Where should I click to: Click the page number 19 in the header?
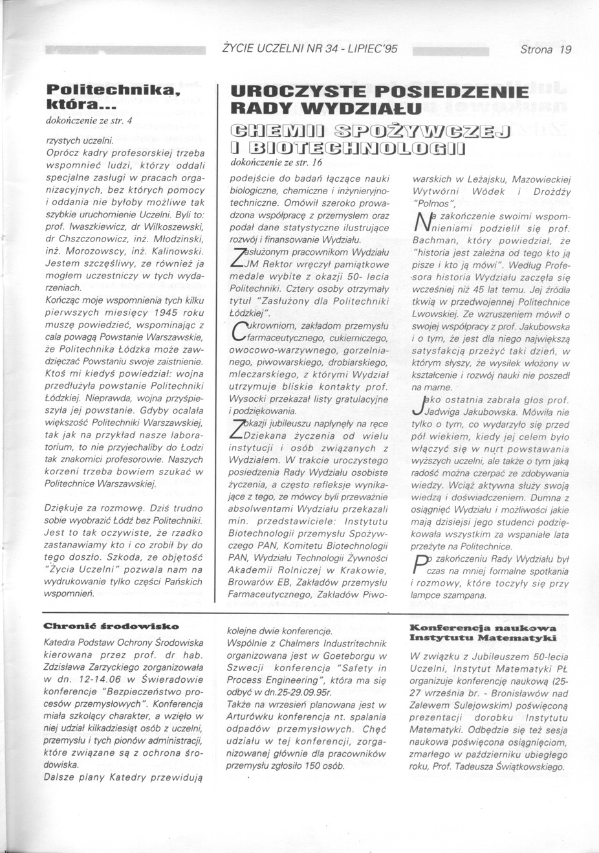[x=565, y=49]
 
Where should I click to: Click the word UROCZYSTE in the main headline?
[x=298, y=92]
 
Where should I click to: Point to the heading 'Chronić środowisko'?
[x=111, y=626]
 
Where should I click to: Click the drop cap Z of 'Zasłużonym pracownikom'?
[x=238, y=258]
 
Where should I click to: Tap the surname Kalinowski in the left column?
[x=177, y=250]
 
